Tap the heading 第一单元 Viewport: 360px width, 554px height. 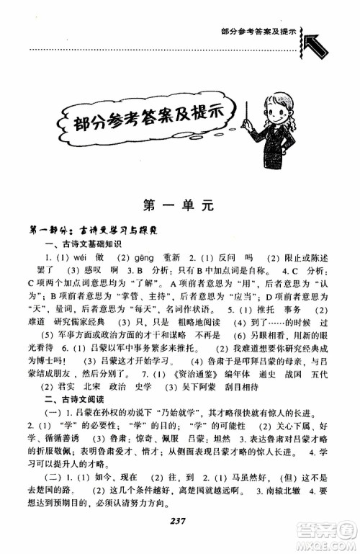pyautogui.click(x=180, y=204)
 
